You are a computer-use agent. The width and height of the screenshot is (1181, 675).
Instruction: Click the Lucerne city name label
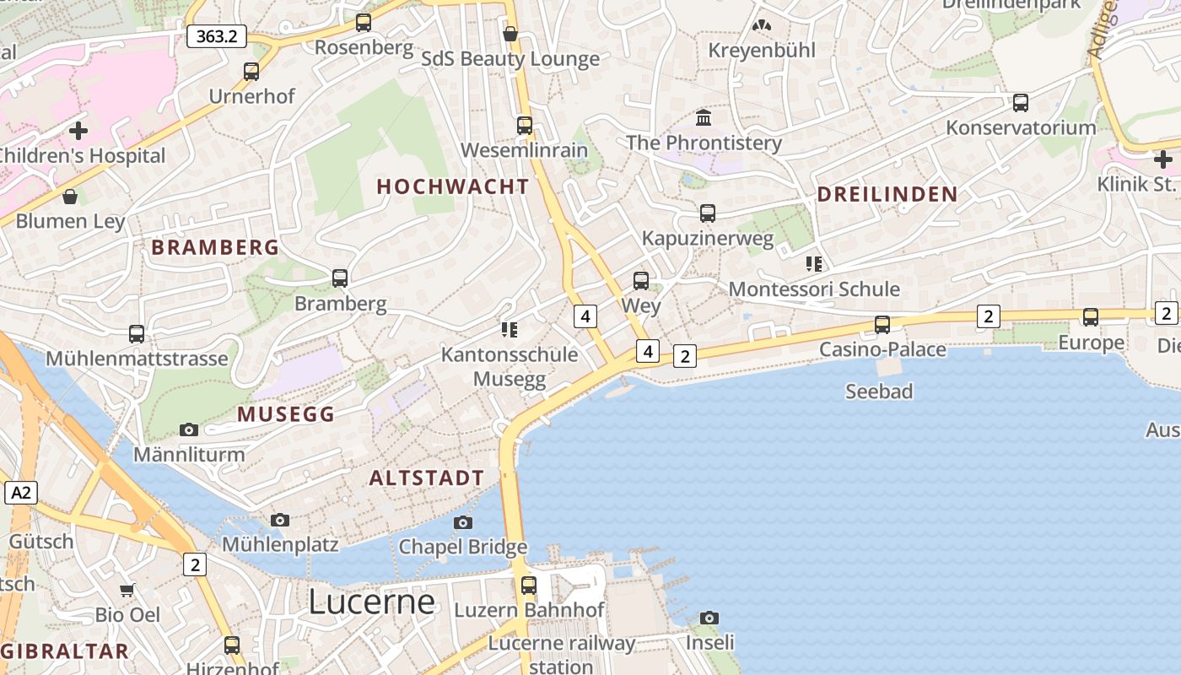tap(371, 602)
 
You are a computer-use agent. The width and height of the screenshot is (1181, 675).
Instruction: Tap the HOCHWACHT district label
tap(453, 186)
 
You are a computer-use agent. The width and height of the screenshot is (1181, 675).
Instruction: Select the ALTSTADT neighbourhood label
tap(427, 478)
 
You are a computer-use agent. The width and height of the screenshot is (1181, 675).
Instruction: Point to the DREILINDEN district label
tap(887, 194)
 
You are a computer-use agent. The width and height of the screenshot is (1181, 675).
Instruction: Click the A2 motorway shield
tap(21, 493)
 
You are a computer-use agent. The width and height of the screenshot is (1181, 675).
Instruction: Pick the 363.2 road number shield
tap(216, 36)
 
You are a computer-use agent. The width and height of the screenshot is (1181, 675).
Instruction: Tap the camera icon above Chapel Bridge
tap(462, 523)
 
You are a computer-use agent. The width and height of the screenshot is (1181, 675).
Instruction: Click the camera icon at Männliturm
tap(189, 430)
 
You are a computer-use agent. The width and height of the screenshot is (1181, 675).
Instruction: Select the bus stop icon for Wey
tap(641, 281)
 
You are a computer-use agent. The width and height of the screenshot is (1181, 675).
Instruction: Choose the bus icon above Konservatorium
tap(1021, 104)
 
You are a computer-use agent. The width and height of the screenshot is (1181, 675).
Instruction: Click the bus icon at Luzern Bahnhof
tap(529, 585)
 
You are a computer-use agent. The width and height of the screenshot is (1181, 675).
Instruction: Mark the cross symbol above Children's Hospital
tap(78, 131)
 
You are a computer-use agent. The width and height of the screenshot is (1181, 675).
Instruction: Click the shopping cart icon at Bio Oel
tap(127, 590)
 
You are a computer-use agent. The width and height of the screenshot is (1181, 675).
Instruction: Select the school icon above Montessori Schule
tap(814, 264)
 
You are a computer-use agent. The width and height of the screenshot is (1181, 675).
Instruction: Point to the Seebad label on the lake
tap(879, 391)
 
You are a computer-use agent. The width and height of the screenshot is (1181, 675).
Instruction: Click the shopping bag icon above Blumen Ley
tap(70, 197)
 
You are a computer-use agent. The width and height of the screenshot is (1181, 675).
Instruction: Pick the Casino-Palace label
tap(882, 349)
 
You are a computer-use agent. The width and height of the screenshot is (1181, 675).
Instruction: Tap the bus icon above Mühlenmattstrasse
tap(137, 334)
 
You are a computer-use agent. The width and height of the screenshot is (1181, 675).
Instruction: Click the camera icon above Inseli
tap(709, 618)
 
